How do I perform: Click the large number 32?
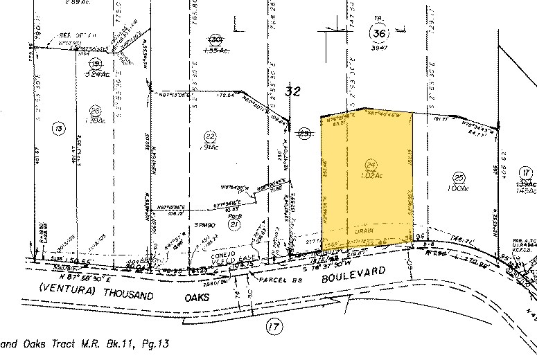(x=294, y=89)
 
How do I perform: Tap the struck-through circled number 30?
(x=215, y=39)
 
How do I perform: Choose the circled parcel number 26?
(x=96, y=109)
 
